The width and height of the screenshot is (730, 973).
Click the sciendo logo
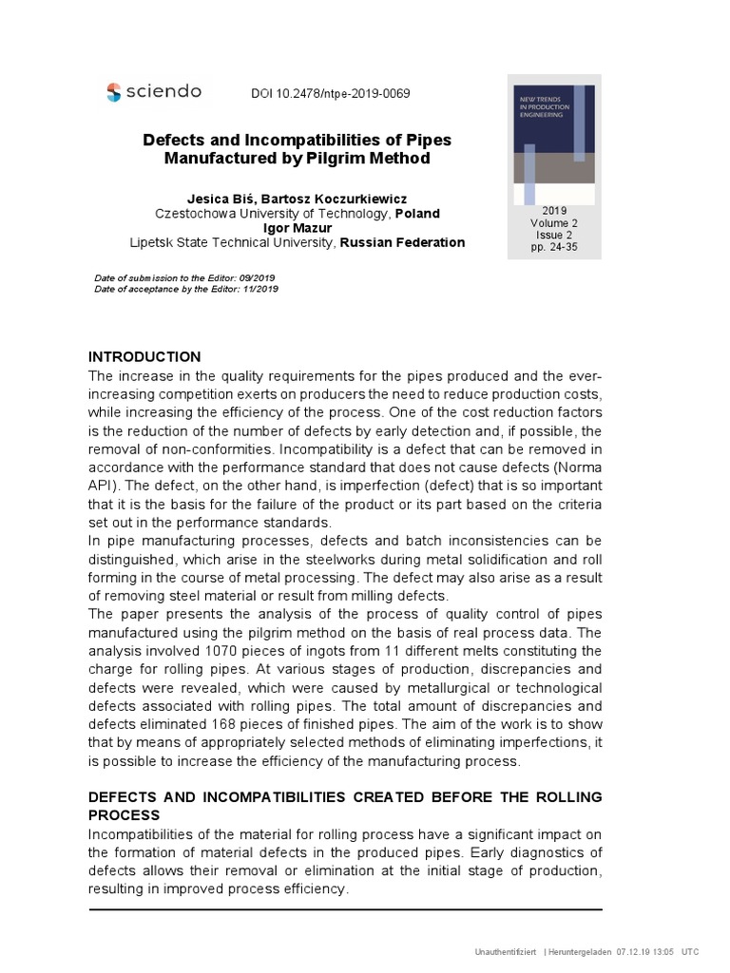point(154,91)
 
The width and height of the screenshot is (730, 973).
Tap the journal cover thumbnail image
point(554,141)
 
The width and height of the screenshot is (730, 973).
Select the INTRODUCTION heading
point(144,356)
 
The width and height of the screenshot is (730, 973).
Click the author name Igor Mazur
point(297,228)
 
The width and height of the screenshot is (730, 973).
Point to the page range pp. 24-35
point(554,247)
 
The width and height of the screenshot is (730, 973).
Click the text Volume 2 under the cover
point(554,222)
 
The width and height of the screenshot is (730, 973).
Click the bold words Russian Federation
point(402,242)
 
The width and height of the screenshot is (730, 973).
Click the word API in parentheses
point(101,486)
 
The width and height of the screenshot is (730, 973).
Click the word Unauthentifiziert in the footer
point(506,951)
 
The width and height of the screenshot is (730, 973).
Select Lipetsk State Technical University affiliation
point(232,242)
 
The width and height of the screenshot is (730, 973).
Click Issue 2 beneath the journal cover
point(554,235)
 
